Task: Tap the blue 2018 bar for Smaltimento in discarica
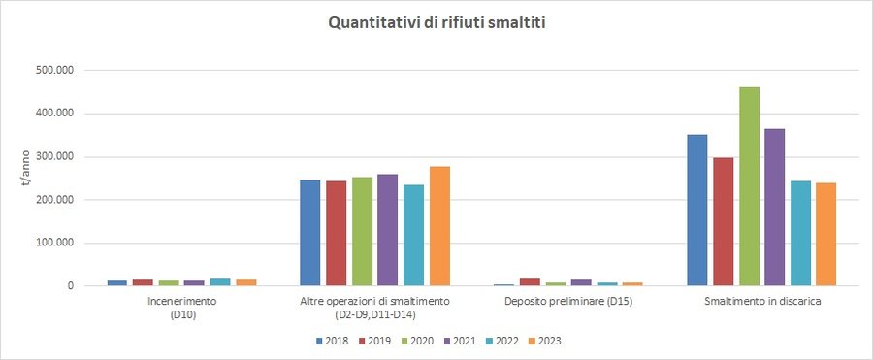point(697,210)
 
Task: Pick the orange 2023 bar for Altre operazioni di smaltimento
point(439,226)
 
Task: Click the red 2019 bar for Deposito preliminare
point(530,282)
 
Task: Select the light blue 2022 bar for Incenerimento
point(220,282)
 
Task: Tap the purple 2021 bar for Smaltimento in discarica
point(774,207)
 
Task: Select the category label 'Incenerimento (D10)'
point(182,307)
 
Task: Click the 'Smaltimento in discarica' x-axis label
point(761,302)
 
